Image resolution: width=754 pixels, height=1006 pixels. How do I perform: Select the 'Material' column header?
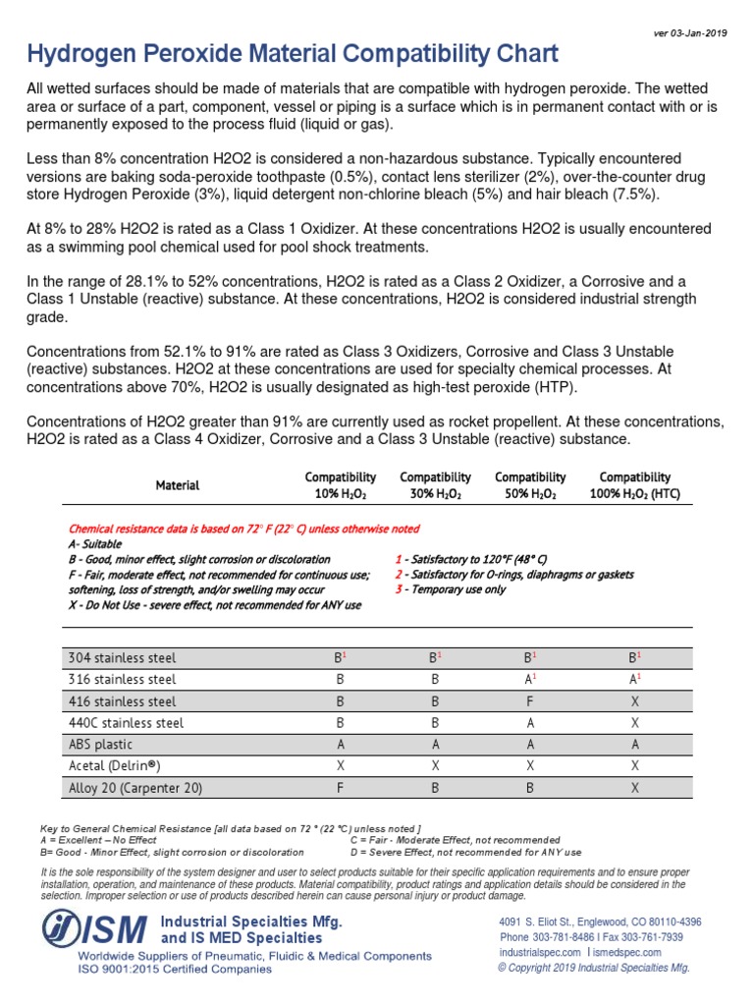point(177,485)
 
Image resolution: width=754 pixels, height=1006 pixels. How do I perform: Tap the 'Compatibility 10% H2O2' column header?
point(340,485)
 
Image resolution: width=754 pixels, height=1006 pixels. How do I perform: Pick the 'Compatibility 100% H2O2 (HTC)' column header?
point(635,485)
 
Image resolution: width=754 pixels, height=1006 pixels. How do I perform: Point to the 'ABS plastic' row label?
point(99,745)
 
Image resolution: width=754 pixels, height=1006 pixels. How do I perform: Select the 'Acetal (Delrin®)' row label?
point(114,766)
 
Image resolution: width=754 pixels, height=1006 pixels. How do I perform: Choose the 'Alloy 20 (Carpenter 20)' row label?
point(135,788)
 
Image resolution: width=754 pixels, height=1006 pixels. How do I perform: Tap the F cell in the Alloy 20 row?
point(340,788)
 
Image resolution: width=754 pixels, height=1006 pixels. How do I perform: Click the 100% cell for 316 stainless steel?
point(635,680)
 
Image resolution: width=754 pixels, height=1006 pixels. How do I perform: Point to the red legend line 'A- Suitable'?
point(96,543)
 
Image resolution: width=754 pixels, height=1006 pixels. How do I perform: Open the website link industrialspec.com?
point(540,952)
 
